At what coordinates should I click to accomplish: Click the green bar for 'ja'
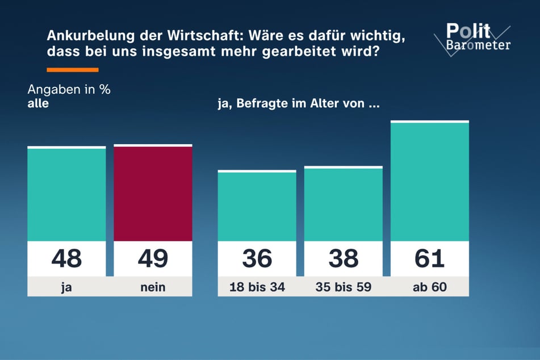click(66, 194)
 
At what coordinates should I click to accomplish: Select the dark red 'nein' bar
click(153, 193)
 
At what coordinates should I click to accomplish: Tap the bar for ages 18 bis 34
click(257, 206)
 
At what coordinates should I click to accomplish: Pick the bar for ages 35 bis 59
click(344, 204)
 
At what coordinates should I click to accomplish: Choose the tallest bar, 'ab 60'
click(430, 182)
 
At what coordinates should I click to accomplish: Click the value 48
click(66, 258)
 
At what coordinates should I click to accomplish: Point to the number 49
click(153, 258)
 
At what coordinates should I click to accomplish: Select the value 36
click(257, 258)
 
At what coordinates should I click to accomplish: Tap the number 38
click(344, 258)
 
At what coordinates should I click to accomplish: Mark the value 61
click(430, 258)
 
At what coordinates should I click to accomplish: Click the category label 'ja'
click(66, 287)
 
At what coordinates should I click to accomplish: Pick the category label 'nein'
click(153, 287)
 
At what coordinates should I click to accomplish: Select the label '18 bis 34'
click(257, 287)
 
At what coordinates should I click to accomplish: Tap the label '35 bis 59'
click(344, 287)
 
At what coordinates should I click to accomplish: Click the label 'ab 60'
click(430, 287)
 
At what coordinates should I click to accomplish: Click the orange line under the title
click(72, 70)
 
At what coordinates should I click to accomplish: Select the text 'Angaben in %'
click(69, 91)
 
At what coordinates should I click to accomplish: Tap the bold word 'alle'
click(38, 104)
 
